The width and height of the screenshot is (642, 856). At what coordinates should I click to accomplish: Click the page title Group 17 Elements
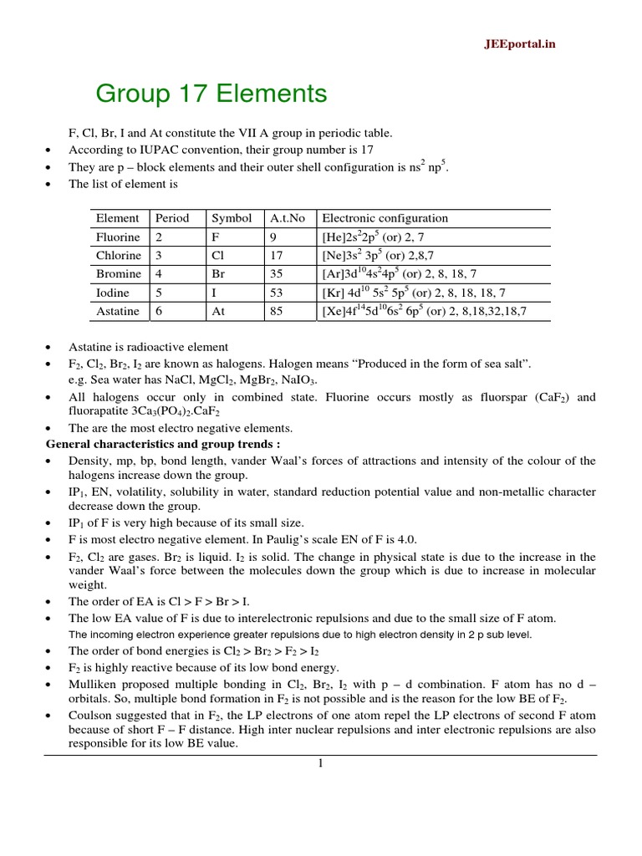tap(211, 94)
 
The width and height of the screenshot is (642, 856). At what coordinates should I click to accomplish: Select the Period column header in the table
tap(172, 218)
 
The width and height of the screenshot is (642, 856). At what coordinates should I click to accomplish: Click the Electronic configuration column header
tap(385, 218)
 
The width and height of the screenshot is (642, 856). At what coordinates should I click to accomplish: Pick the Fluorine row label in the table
tap(118, 237)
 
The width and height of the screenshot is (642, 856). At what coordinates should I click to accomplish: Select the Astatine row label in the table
tap(118, 311)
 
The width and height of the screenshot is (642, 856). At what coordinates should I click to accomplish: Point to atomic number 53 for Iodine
tap(276, 293)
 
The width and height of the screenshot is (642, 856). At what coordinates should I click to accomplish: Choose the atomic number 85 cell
tap(276, 311)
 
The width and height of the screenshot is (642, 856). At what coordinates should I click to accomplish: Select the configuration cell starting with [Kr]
tap(413, 293)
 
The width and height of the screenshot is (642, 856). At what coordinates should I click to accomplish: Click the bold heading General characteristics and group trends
tap(162, 444)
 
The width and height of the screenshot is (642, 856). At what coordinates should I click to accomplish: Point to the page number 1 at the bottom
tap(319, 763)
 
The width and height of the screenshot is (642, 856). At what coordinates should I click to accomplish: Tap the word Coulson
tap(91, 712)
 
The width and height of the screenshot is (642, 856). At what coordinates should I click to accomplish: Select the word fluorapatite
tap(100, 411)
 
